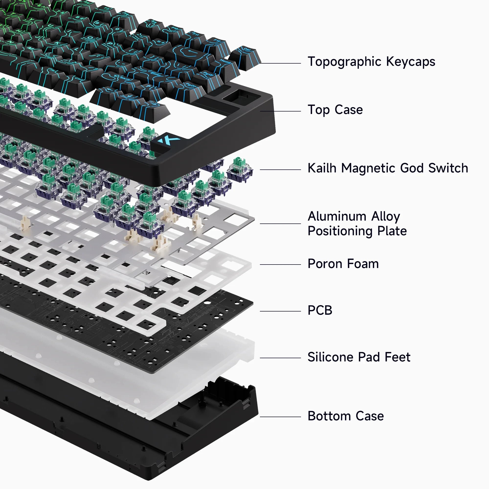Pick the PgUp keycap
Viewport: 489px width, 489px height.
coord(209,76)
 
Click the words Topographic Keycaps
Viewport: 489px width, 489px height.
coord(371,62)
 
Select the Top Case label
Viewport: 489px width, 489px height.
coord(335,110)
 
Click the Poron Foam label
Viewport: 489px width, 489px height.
coord(343,264)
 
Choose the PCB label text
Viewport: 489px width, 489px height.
coord(320,310)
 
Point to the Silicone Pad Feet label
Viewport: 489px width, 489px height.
coord(359,357)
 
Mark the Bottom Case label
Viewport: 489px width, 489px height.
coord(345,416)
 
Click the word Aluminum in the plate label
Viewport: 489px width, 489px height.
coord(337,217)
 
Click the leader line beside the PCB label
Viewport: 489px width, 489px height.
coord(280,311)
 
